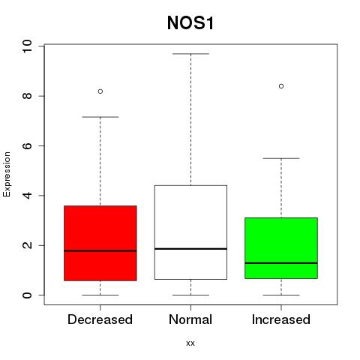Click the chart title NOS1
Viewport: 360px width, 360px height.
[x=190, y=22]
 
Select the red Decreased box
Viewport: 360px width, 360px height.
[x=100, y=243]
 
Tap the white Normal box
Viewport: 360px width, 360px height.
[x=190, y=232]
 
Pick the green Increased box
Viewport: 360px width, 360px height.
[x=281, y=248]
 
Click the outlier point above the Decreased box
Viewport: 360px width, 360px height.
[x=100, y=91]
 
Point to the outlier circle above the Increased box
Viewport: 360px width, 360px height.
[x=281, y=86]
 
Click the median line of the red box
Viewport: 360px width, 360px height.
[x=100, y=250]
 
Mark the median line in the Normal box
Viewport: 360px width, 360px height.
[x=190, y=249]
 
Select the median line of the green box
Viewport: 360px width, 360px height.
[x=281, y=263]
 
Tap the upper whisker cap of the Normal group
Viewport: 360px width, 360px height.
[x=190, y=54]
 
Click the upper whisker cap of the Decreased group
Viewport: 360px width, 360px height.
[x=100, y=117]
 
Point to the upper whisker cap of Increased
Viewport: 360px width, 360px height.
[x=281, y=158]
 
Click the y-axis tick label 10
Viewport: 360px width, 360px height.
[x=27, y=46]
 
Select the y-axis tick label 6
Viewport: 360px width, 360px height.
[x=27, y=145]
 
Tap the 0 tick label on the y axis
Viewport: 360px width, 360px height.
[x=27, y=295]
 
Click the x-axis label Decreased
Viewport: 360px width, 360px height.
[x=100, y=319]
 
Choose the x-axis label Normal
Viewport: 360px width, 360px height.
[x=190, y=319]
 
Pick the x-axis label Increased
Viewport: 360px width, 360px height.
[x=281, y=319]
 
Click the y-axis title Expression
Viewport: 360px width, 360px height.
[x=7, y=174]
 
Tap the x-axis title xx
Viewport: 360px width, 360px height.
[x=190, y=343]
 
